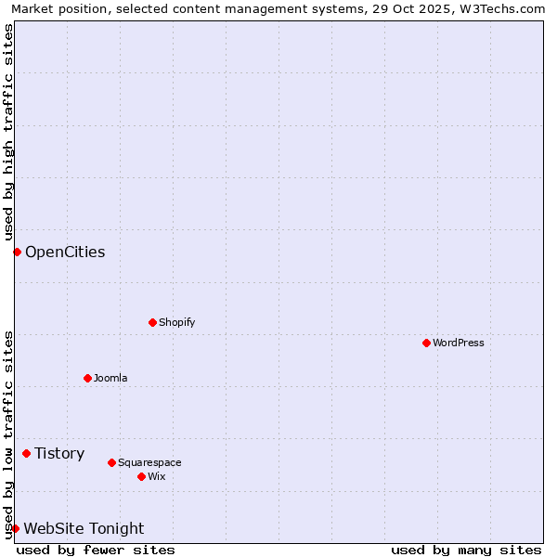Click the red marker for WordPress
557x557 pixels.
(x=426, y=343)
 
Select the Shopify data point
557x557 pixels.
(x=153, y=322)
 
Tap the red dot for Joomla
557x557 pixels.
(x=88, y=378)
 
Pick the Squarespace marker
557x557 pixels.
(x=112, y=462)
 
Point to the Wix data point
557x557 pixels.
(x=142, y=476)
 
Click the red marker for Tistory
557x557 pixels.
(x=27, y=453)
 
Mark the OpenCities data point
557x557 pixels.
(x=17, y=252)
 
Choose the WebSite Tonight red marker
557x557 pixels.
(x=15, y=528)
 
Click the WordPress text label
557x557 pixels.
(x=459, y=343)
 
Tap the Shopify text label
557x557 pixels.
(x=177, y=322)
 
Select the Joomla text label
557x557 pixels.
(x=110, y=378)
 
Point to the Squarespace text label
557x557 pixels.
(x=149, y=462)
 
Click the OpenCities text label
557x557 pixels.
(x=65, y=252)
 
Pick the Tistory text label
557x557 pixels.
(x=59, y=453)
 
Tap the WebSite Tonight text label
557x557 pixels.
(x=84, y=528)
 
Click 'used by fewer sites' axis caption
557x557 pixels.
(x=96, y=550)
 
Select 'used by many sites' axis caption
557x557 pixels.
(x=466, y=550)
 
